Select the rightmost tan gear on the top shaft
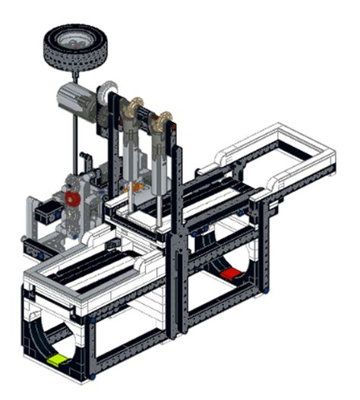pyautogui.click(x=162, y=121)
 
